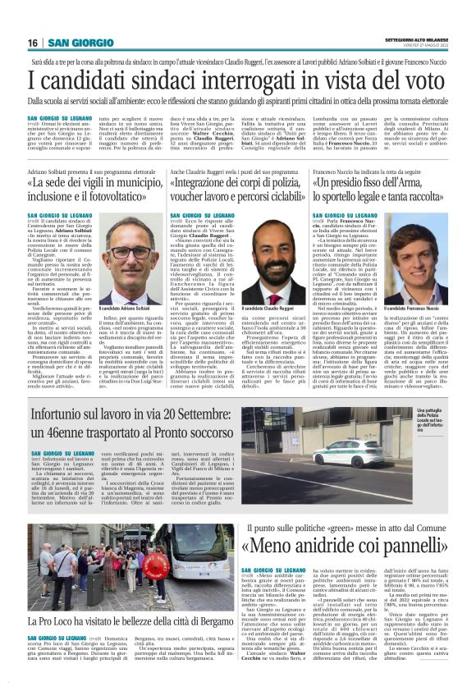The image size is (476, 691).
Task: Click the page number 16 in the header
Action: (x=32, y=42)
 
